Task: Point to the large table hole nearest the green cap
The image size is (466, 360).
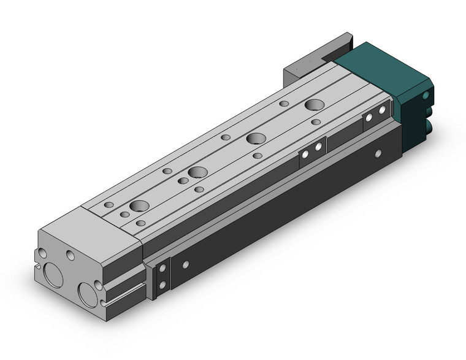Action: pos(316,105)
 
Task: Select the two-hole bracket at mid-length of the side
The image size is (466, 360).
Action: pos(312,151)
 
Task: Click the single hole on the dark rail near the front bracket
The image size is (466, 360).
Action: pos(185,265)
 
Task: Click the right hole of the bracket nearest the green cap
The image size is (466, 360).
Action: pos(382,110)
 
